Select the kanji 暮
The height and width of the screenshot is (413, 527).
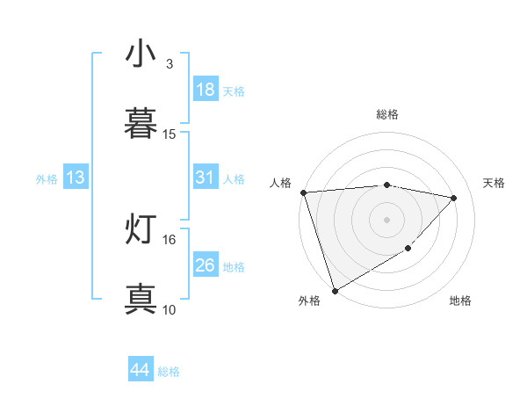coord(141,121)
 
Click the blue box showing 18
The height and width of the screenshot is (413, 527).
coord(205,90)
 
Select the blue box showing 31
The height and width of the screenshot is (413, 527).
coord(205,178)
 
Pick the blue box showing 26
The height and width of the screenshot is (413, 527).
coord(205,265)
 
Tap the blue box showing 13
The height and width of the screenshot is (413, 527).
coord(76,178)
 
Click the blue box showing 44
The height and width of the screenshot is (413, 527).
coord(140,370)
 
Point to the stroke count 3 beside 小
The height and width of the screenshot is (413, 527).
coord(170,63)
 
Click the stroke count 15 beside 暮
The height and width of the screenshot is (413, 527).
coord(170,134)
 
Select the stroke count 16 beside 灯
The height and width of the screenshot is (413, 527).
coord(170,239)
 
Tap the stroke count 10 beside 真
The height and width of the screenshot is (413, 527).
coord(170,309)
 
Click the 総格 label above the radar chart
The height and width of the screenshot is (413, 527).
coord(387,114)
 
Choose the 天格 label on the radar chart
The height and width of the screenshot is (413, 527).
coord(495,183)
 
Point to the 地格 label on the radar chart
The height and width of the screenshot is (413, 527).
coord(460,301)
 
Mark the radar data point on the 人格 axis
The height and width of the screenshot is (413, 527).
coord(303,192)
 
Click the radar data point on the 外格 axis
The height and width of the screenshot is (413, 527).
coord(335,290)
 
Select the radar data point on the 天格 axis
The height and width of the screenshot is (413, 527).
coord(454,198)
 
